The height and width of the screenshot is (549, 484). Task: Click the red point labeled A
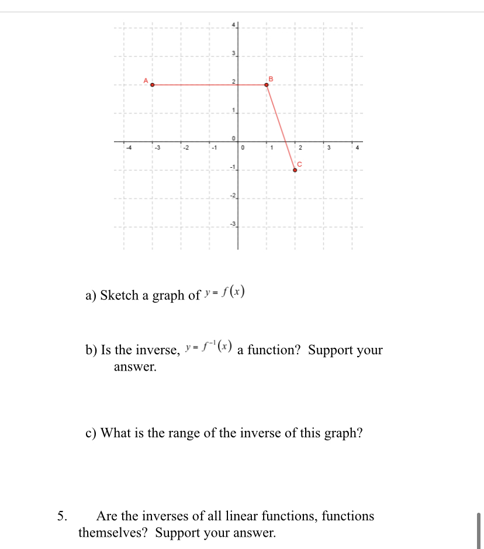pyautogui.click(x=153, y=85)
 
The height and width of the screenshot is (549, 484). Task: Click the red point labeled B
pyautogui.click(x=267, y=85)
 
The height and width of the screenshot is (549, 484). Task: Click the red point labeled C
pyautogui.click(x=295, y=170)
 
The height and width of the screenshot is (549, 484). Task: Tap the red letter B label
pyautogui.click(x=271, y=78)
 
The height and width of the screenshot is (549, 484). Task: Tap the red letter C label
pyautogui.click(x=299, y=164)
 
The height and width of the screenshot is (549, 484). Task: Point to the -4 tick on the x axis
pyautogui.click(x=129, y=147)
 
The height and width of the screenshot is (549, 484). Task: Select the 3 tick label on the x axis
pyautogui.click(x=329, y=147)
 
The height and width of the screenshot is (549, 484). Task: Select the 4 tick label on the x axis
pyautogui.click(x=357, y=147)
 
